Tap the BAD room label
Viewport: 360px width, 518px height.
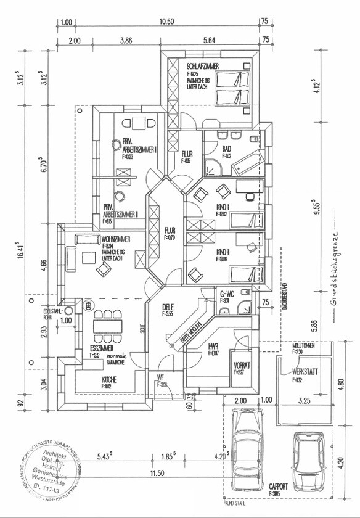coord(226,149)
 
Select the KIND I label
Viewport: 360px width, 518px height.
coord(223,207)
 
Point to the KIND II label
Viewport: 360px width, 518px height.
coord(223,252)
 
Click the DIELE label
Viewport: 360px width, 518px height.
coord(168,306)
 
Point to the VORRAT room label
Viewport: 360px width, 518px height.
coord(241,365)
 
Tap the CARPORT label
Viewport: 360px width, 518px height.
coord(278,486)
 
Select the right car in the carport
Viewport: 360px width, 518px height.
coord(308,460)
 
